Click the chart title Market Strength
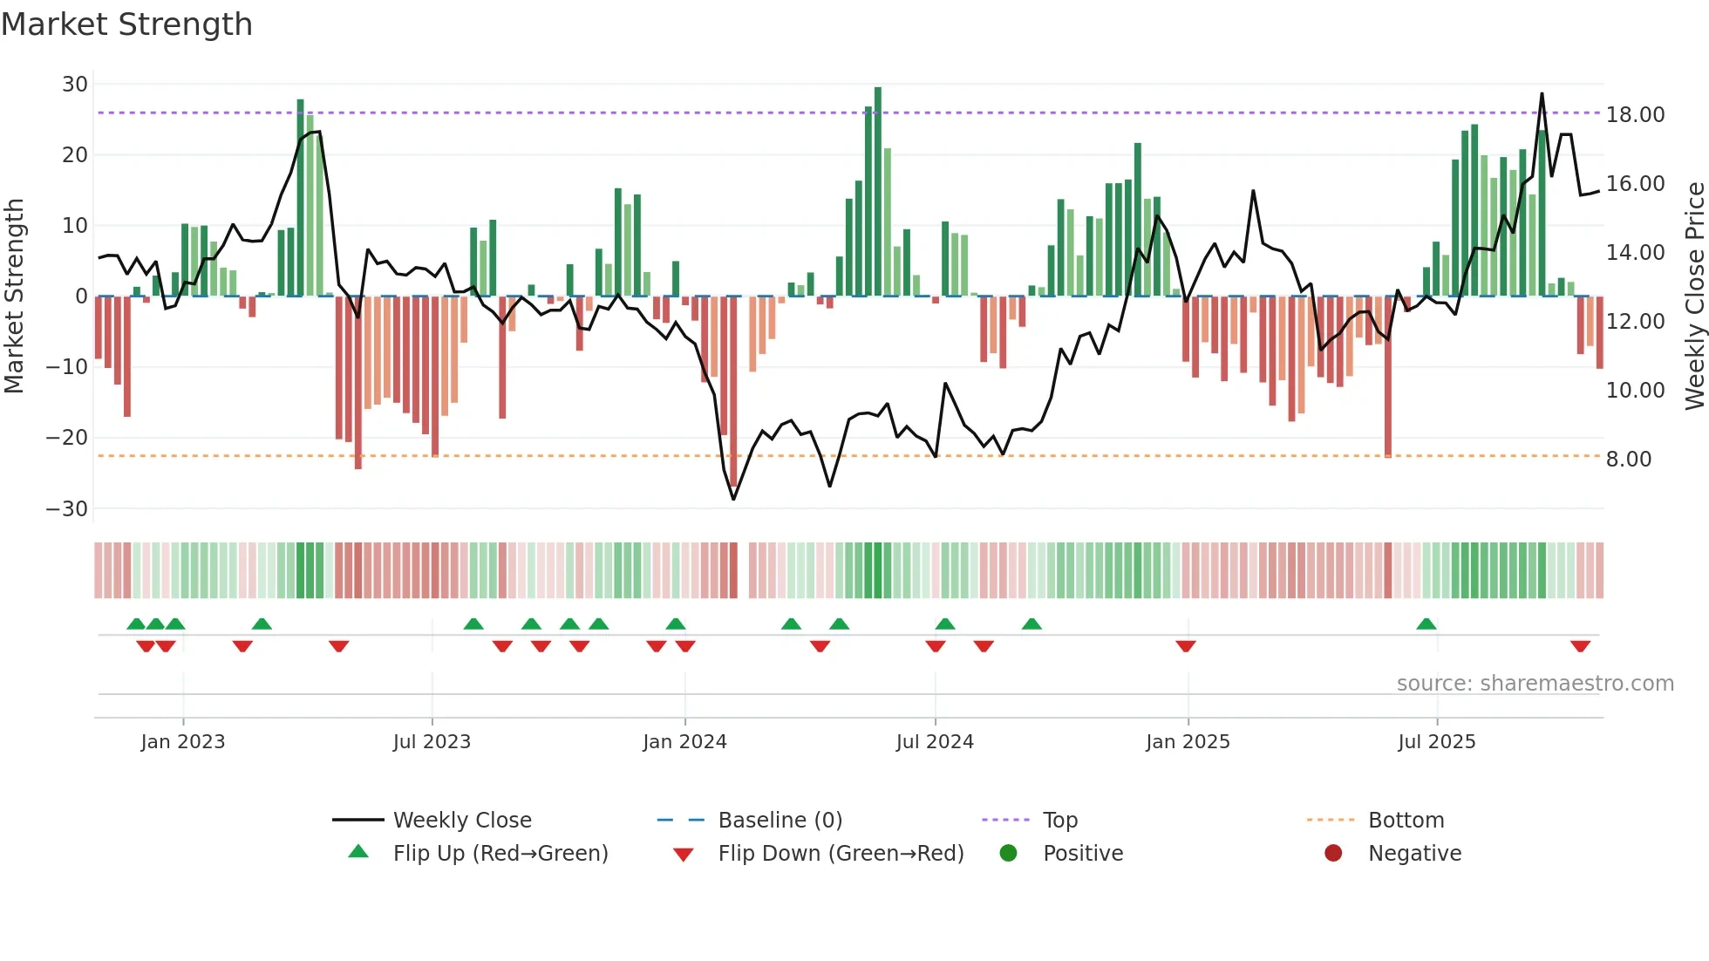(x=126, y=24)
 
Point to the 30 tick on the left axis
(x=75, y=85)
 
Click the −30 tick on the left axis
(x=67, y=509)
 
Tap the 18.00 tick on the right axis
(x=1635, y=115)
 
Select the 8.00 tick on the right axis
(x=1629, y=460)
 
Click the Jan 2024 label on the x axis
(x=684, y=742)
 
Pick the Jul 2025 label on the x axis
(x=1436, y=742)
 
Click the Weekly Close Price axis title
(x=1694, y=296)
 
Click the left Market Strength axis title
(x=14, y=296)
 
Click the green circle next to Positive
(x=1008, y=854)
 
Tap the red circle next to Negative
(x=1333, y=854)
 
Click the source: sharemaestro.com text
(x=1535, y=684)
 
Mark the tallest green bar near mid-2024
(x=878, y=192)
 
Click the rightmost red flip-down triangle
(x=1580, y=646)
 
